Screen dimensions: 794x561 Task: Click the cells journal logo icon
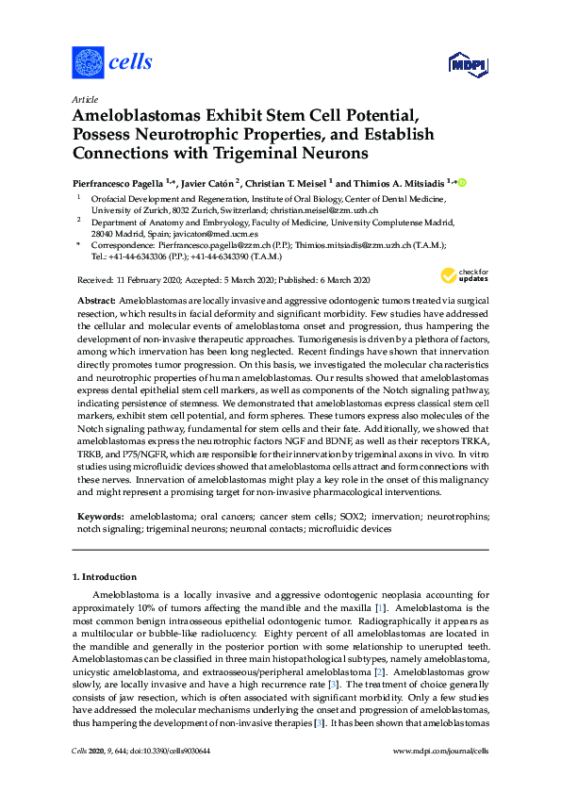coord(88,62)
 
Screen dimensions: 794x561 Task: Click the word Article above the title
coord(84,98)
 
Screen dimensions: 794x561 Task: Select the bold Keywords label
coord(99,518)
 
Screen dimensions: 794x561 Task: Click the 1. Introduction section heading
coord(105,576)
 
